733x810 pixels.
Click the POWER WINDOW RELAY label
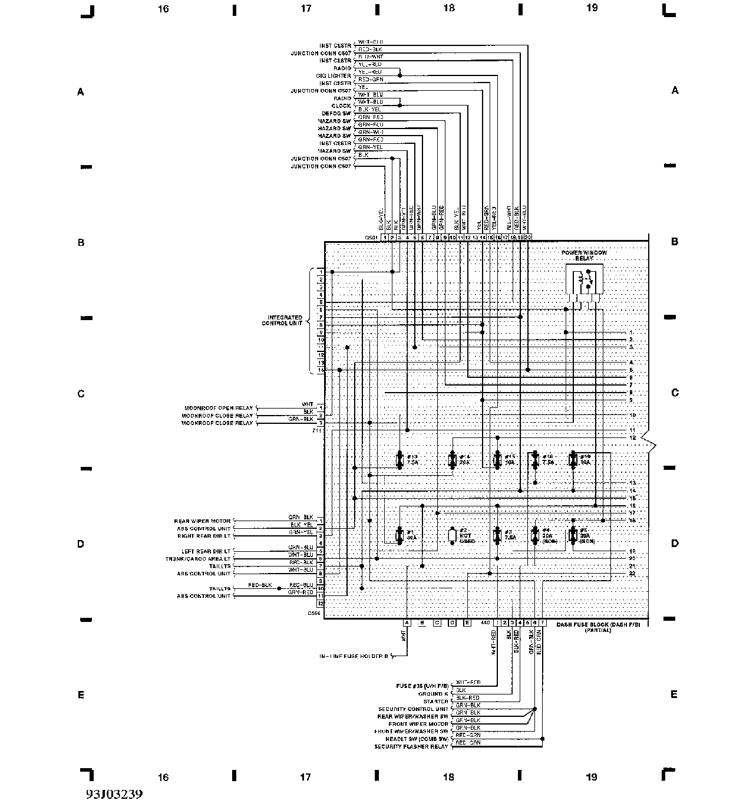pos(583,255)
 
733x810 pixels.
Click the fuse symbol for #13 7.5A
pos(399,460)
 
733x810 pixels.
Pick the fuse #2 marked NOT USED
pos(453,535)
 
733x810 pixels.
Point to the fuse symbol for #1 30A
pos(399,535)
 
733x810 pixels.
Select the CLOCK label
pos(341,106)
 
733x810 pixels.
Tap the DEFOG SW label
pos(336,113)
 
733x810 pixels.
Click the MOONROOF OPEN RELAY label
pos(218,408)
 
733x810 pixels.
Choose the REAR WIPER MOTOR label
pos(202,521)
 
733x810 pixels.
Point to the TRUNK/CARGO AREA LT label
pos(198,558)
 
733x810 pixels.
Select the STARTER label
pos(437,702)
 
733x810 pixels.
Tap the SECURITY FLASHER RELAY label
pos(411,747)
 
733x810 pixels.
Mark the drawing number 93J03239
pos(114,793)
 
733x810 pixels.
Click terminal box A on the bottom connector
pos(407,623)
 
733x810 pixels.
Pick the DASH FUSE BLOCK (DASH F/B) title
pos(602,624)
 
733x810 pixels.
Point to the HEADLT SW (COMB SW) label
pos(417,739)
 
